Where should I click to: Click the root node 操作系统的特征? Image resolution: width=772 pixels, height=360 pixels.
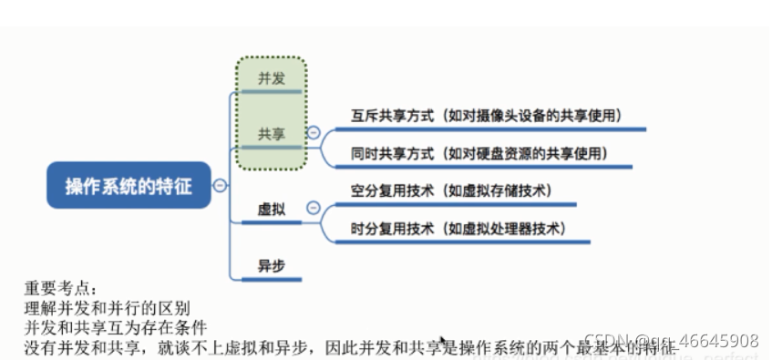(x=129, y=186)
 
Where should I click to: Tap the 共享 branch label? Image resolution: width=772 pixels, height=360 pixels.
(x=271, y=134)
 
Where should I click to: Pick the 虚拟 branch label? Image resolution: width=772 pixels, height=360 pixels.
(x=271, y=210)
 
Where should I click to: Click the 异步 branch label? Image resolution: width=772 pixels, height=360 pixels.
(x=271, y=266)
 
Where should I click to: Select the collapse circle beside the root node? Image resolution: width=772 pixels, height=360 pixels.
(x=220, y=186)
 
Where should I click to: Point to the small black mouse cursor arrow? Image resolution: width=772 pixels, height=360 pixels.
(x=443, y=340)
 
